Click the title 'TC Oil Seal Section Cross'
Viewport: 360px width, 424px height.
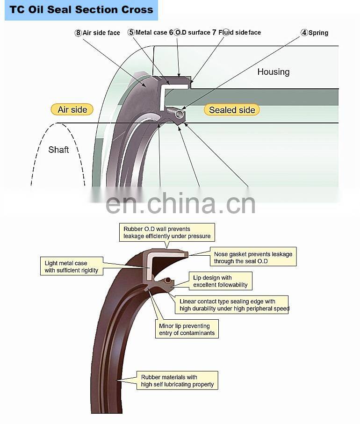tap(81, 10)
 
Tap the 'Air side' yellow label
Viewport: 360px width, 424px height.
tap(72, 110)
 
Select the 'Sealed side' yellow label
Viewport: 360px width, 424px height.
tap(232, 110)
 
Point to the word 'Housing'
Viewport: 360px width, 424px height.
tap(273, 72)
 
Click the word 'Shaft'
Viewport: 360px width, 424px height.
tap(58, 150)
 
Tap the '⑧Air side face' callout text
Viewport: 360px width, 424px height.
tap(97, 33)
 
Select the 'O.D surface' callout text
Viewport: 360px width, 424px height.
tap(192, 33)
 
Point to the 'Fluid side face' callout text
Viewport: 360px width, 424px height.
tap(239, 33)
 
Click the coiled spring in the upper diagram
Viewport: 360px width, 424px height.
tap(173, 112)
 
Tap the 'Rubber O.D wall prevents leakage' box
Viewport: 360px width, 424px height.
tap(166, 232)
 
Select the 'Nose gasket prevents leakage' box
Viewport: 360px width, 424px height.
tap(252, 258)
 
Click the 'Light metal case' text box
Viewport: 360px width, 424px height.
tap(72, 267)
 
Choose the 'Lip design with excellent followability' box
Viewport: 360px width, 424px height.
tap(220, 281)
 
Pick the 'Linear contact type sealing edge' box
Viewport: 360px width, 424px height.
tap(233, 305)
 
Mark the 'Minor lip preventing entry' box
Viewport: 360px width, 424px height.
tap(187, 330)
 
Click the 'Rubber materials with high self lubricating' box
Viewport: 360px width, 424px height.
tap(177, 381)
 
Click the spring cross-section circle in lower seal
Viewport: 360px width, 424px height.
tap(167, 280)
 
